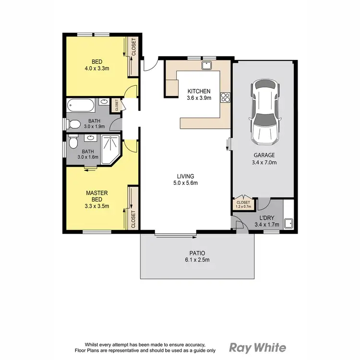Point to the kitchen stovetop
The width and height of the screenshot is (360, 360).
click(x=224, y=98)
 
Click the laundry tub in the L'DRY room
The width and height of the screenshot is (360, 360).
click(x=289, y=223)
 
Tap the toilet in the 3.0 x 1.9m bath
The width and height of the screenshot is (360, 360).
click(x=73, y=124)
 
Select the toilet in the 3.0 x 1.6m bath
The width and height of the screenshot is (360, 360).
click(x=73, y=143)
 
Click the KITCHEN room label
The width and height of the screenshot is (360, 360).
click(x=199, y=91)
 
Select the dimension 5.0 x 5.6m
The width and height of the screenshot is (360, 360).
click(x=186, y=183)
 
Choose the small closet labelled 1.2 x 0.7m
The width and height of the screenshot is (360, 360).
click(x=244, y=204)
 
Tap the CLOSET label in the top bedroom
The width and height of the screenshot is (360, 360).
click(x=134, y=47)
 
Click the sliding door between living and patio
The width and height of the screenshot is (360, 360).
click(x=175, y=235)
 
